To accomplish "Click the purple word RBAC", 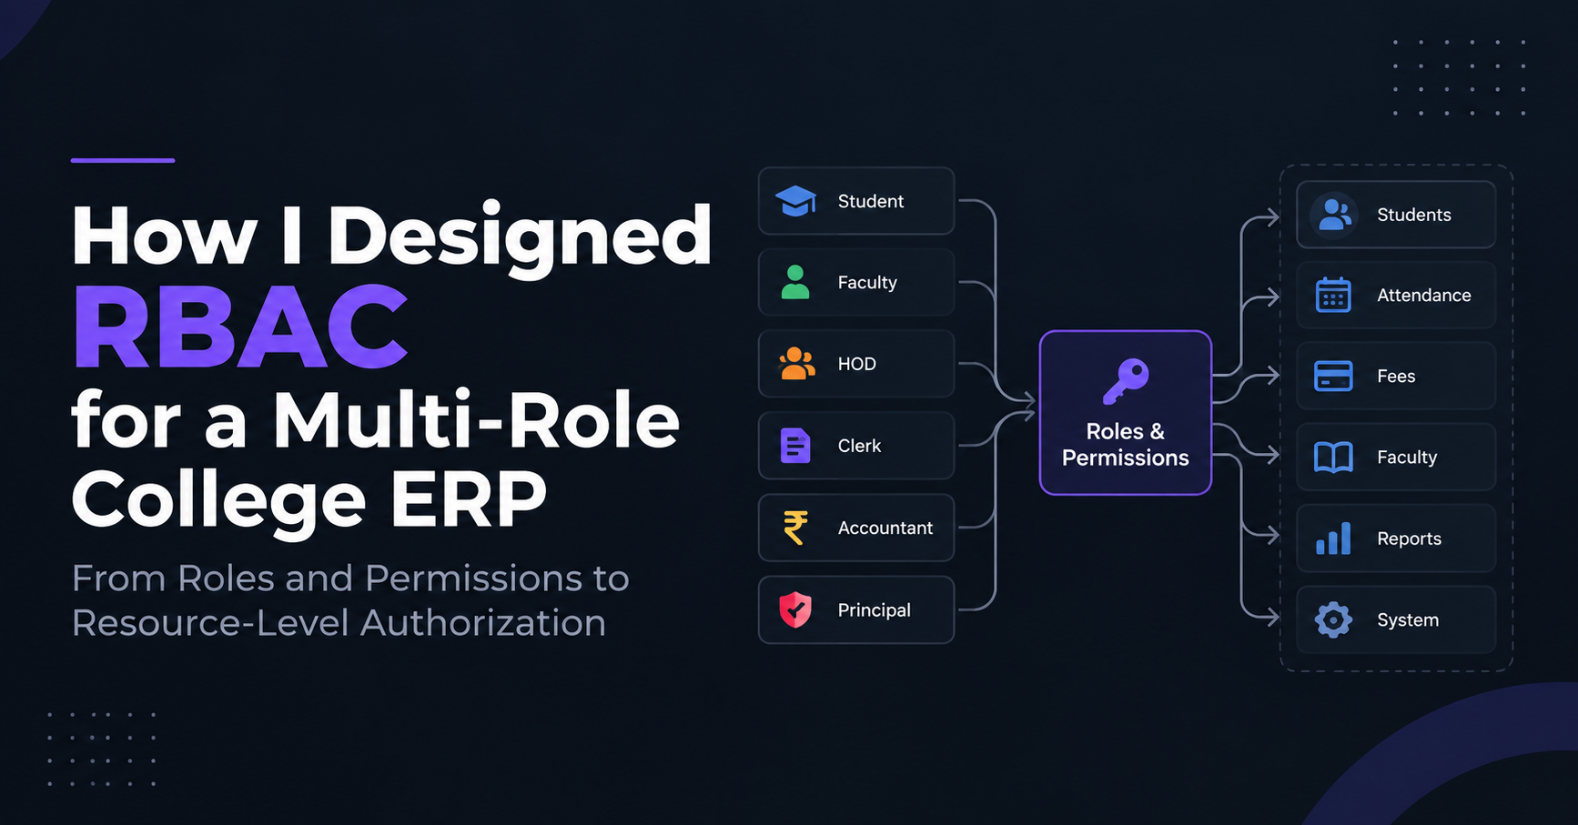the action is tap(240, 327).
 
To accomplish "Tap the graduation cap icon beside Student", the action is tap(795, 201).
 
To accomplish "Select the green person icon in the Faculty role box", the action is tap(795, 282).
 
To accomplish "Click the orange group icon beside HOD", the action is tap(796, 364).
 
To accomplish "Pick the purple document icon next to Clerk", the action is tap(795, 446).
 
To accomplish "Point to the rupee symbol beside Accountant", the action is tap(795, 528).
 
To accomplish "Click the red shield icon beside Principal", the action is tap(795, 609).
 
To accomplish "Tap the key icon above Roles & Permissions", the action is tap(1126, 381).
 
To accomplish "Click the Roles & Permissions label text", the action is tap(1126, 444).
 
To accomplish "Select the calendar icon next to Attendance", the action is tap(1333, 295).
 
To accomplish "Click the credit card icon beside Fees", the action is tap(1333, 376).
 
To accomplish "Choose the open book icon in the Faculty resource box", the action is tap(1333, 458).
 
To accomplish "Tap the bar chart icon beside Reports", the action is tap(1333, 538).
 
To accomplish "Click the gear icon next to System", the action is tap(1333, 619).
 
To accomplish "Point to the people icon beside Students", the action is tap(1334, 215).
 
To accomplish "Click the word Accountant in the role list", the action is tap(885, 528).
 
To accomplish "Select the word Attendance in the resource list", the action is tap(1424, 295).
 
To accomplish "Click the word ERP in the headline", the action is tap(469, 498).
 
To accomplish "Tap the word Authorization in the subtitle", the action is tap(483, 623).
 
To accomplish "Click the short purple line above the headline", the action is tap(123, 160).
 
